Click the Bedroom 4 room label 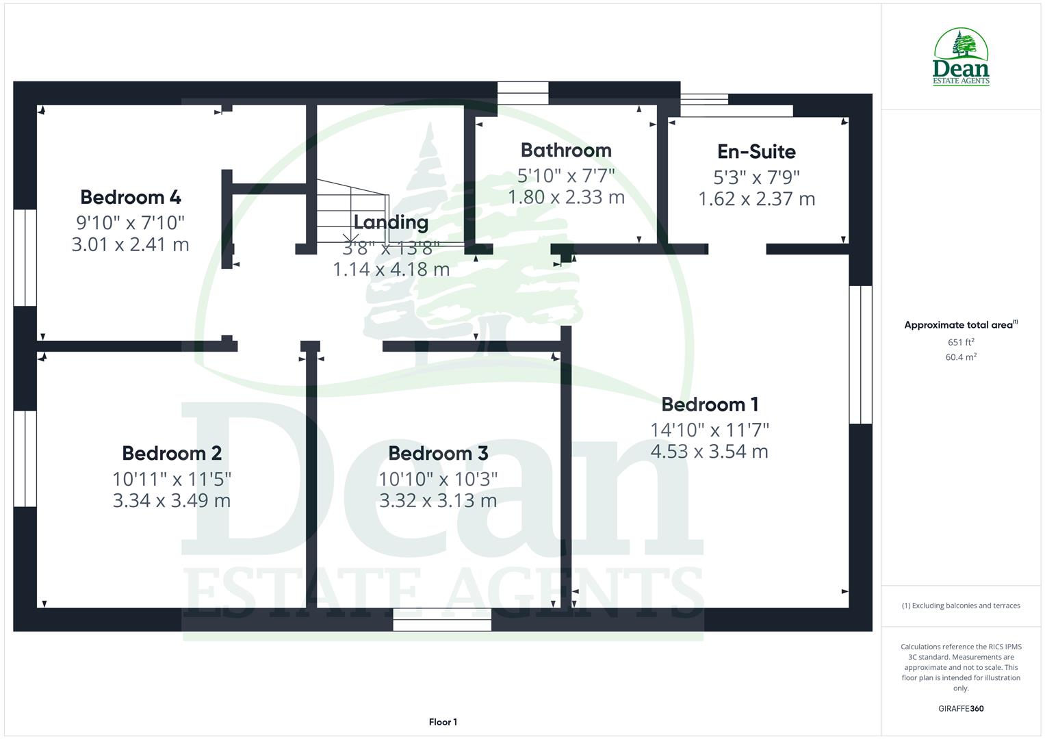(130, 197)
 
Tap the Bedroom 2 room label (172, 453)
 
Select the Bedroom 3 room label (438, 453)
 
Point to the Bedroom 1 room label (710, 404)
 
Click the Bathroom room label (566, 150)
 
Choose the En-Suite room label (756, 151)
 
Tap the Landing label (391, 222)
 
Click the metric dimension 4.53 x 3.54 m (710, 452)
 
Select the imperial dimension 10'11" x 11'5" (172, 478)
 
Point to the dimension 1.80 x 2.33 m (566, 197)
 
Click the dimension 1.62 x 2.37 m (756, 199)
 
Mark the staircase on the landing (352, 212)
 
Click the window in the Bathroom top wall (523, 93)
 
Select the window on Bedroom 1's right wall (860, 354)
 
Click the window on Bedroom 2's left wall (25, 458)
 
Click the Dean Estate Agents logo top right (961, 57)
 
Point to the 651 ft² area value (961, 342)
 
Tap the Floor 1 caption (443, 722)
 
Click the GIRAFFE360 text (961, 708)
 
